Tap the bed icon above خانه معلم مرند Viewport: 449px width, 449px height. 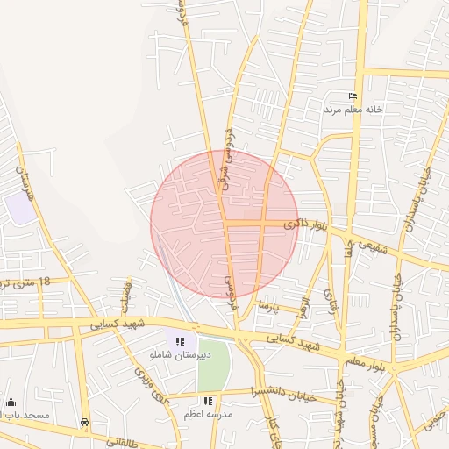click(353, 96)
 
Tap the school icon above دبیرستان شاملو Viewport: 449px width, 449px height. click(180, 341)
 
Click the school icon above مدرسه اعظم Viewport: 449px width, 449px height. click(208, 401)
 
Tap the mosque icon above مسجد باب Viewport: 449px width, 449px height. click(11, 402)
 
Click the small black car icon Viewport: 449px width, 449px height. click(84, 422)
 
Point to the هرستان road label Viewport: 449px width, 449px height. click(27, 172)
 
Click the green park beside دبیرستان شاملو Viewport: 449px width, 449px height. click(212, 363)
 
